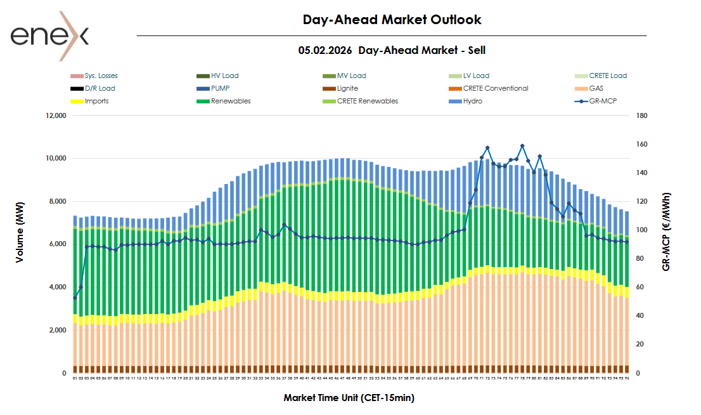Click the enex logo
point(49,36)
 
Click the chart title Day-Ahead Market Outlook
point(392,20)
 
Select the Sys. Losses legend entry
point(101,76)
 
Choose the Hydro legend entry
point(473,101)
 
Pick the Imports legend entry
point(96,101)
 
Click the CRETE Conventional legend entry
point(495,88)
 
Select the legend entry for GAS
point(596,88)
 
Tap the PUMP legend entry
point(221,88)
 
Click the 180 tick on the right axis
point(642,116)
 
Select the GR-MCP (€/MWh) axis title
point(667,232)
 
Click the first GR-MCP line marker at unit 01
point(75,298)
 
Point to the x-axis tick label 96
point(627,378)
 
